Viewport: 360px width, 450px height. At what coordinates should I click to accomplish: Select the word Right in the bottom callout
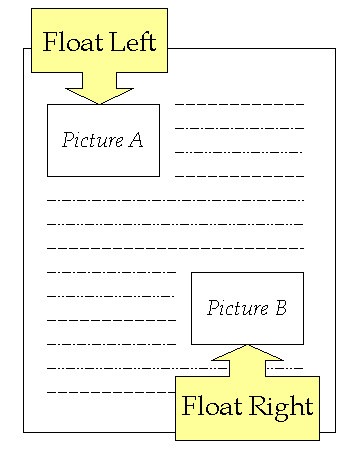coord(280,406)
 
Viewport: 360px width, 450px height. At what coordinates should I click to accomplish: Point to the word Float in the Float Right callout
coord(212,406)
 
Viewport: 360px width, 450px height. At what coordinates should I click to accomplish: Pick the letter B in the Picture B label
coord(280,308)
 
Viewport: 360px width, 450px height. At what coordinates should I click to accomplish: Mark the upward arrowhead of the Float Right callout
coord(247,354)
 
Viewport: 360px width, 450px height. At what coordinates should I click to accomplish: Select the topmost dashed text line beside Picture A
coord(239,103)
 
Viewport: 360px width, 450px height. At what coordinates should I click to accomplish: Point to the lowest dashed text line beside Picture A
coord(239,175)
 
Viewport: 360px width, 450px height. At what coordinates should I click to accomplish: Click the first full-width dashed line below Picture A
coord(175,199)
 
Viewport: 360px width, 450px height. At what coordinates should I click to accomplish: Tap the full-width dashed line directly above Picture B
coord(175,247)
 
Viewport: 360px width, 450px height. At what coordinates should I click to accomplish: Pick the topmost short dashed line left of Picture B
coord(111,271)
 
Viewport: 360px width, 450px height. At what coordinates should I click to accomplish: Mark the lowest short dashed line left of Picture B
coord(111,343)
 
